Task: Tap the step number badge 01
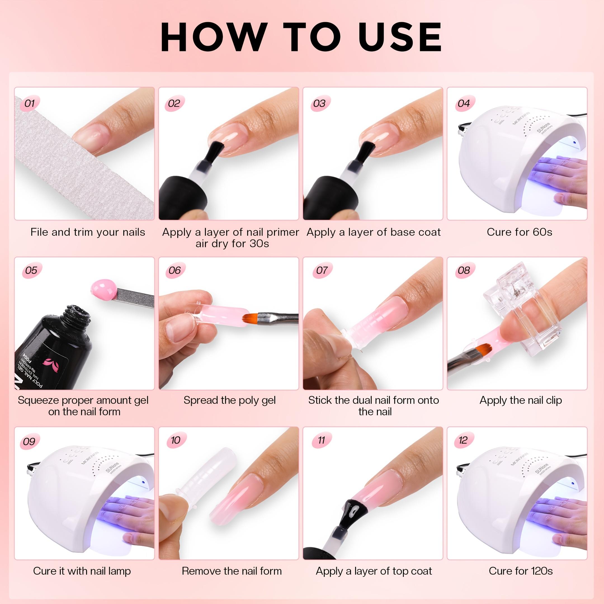tap(30, 103)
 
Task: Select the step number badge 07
tap(322, 270)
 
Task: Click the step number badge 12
tap(463, 440)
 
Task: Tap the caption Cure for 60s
tap(519, 232)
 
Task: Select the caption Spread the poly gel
tap(230, 400)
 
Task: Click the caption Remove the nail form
tap(232, 571)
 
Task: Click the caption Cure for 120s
tap(520, 571)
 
